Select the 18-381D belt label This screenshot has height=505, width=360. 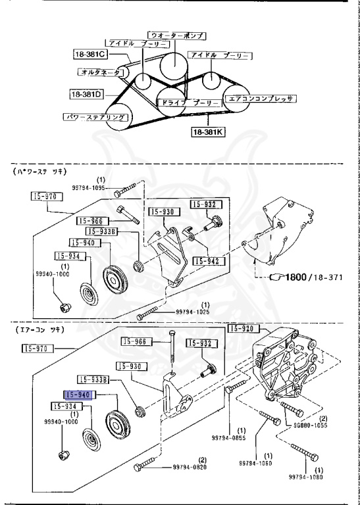[86, 94]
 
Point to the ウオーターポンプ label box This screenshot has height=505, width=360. [176, 34]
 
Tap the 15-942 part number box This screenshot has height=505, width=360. [206, 261]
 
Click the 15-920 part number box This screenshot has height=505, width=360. [244, 328]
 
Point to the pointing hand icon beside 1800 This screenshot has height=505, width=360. [276, 277]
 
